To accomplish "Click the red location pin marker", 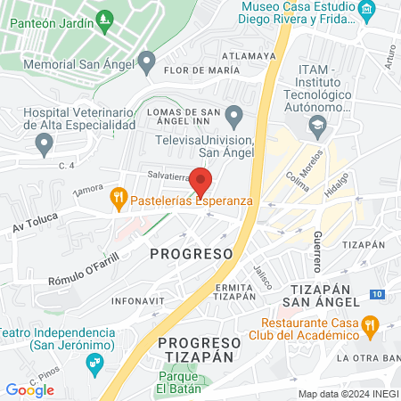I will pyautogui.click(x=201, y=181).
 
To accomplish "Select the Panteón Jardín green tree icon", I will pyautogui.click(x=106, y=17).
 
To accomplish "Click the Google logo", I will pyautogui.click(x=30, y=389).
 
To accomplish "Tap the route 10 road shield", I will pyautogui.click(x=378, y=294).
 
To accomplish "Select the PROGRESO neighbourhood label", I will pyautogui.click(x=191, y=254).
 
